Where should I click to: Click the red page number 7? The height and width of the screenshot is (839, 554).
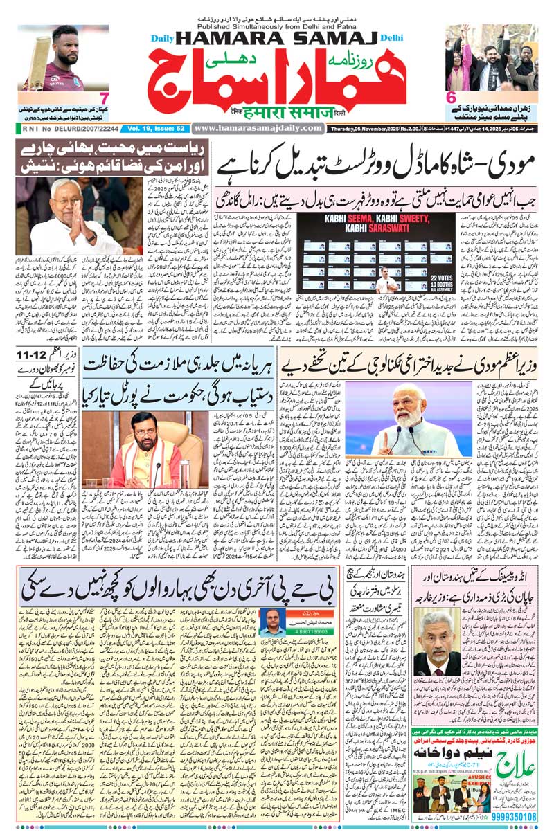tap(104, 98)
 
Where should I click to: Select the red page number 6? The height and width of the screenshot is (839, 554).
tap(450, 98)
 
